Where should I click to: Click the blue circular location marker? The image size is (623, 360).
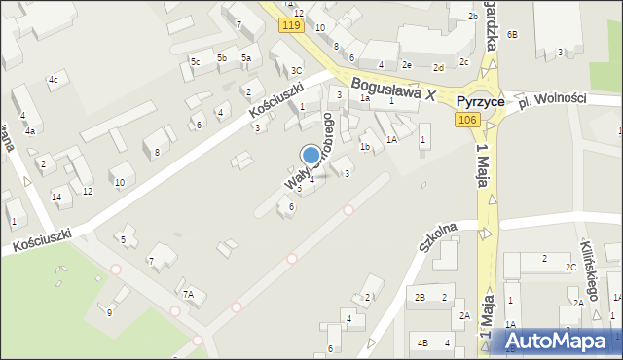click(x=311, y=154)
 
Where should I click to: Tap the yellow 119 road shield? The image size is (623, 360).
click(x=290, y=25)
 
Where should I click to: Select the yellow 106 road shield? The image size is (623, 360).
click(x=466, y=119)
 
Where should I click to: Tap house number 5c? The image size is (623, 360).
click(x=195, y=62)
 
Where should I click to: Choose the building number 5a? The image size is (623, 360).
click(x=246, y=58)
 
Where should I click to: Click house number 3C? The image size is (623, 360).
click(x=296, y=70)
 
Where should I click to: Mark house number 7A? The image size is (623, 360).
click(x=189, y=293)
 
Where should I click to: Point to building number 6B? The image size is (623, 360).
click(x=512, y=35)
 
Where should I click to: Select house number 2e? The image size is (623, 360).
click(x=407, y=65)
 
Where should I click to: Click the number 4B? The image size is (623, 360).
click(x=421, y=342)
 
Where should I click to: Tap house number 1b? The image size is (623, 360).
click(x=365, y=147)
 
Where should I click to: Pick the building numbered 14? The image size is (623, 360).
click(x=56, y=198)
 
